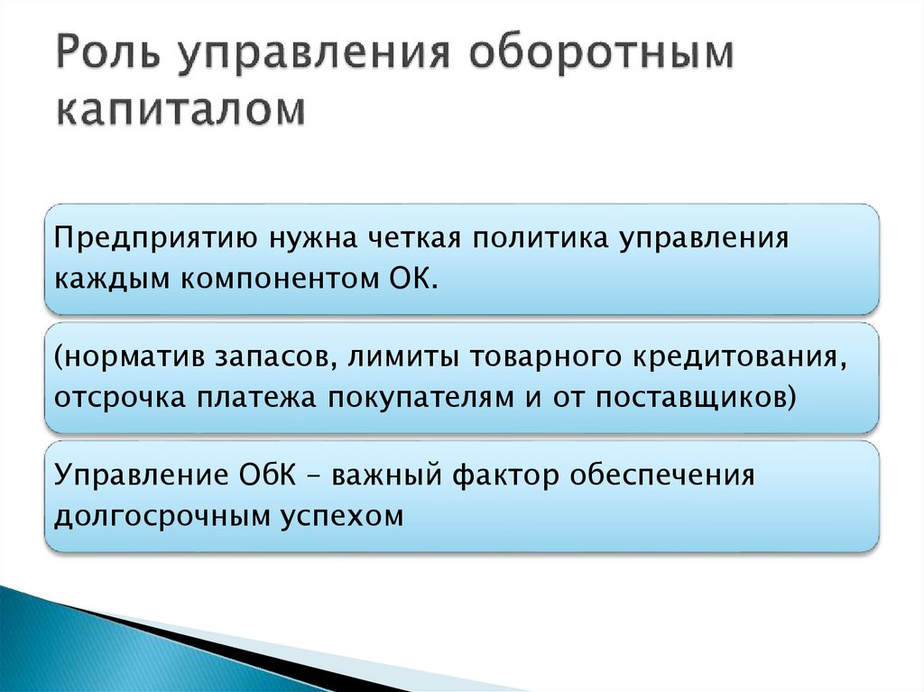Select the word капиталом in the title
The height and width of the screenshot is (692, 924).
click(x=181, y=113)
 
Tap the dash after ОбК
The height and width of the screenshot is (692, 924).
click(x=313, y=476)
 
